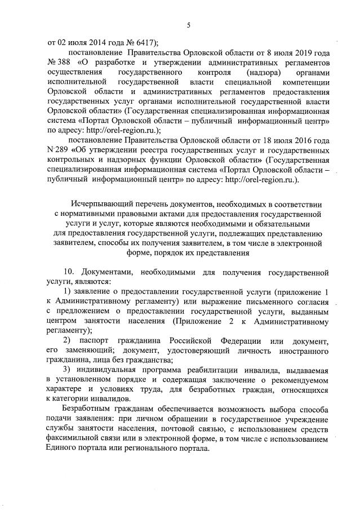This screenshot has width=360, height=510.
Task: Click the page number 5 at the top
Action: pyautogui.click(x=189, y=24)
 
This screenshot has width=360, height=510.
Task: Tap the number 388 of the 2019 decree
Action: pyautogui.click(x=64, y=64)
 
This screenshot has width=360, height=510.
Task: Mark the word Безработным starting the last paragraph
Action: pyautogui.click(x=88, y=407)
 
